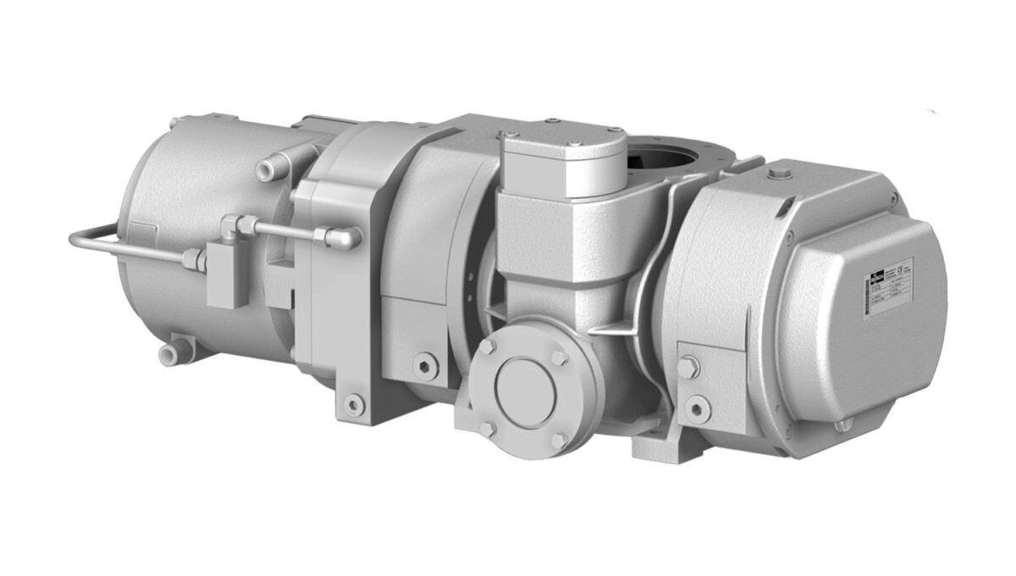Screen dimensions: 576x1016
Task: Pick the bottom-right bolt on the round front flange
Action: tap(559, 440)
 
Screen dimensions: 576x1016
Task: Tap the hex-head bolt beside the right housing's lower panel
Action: tap(687, 369)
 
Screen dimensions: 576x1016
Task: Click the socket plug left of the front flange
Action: tap(426, 366)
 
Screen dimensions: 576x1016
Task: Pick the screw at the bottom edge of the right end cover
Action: tap(840, 425)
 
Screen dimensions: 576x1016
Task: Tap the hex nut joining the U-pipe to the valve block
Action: tap(192, 258)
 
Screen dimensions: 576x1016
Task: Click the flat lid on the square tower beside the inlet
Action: tap(562, 152)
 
